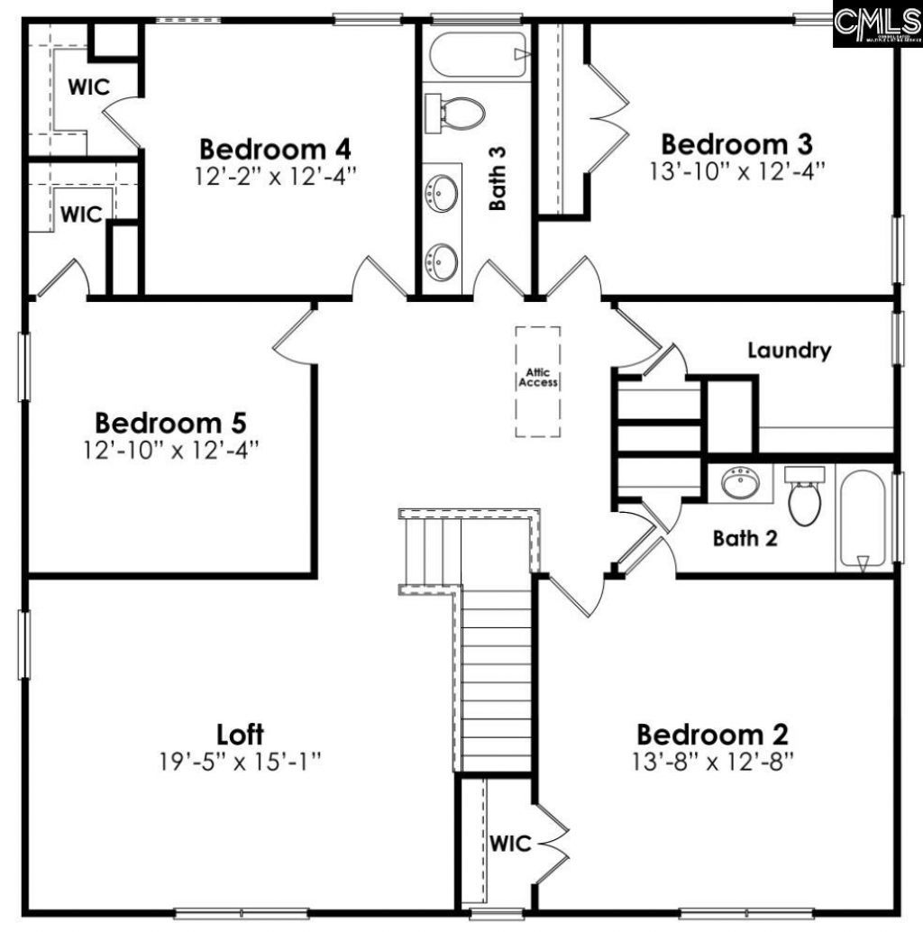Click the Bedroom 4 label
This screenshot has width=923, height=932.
[275, 148]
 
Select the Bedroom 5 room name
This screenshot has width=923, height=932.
[170, 422]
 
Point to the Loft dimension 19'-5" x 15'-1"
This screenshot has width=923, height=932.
[241, 762]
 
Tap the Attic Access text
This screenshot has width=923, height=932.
[537, 378]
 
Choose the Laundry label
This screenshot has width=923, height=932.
[789, 351]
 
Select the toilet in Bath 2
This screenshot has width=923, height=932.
[804, 497]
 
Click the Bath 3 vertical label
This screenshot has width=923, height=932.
[498, 178]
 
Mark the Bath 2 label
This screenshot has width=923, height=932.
[745, 539]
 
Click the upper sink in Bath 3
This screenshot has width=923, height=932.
[441, 192]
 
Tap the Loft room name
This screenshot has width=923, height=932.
[241, 734]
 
